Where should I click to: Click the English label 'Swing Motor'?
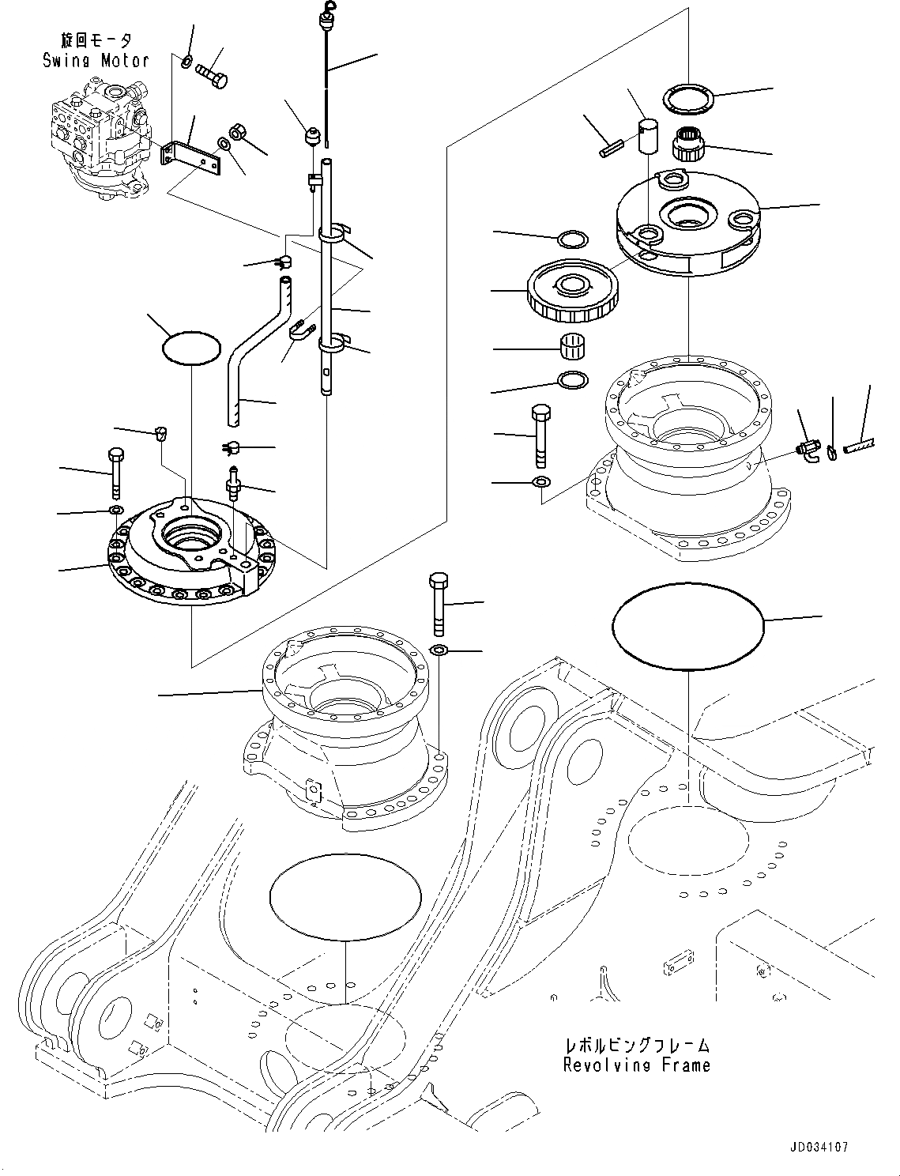pyautogui.click(x=96, y=60)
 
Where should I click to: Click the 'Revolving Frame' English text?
pyautogui.click(x=636, y=1065)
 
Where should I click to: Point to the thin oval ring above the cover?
pyautogui.click(x=191, y=347)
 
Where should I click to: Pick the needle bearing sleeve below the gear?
pyautogui.click(x=572, y=347)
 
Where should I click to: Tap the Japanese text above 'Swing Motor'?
pyautogui.click(x=96, y=40)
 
